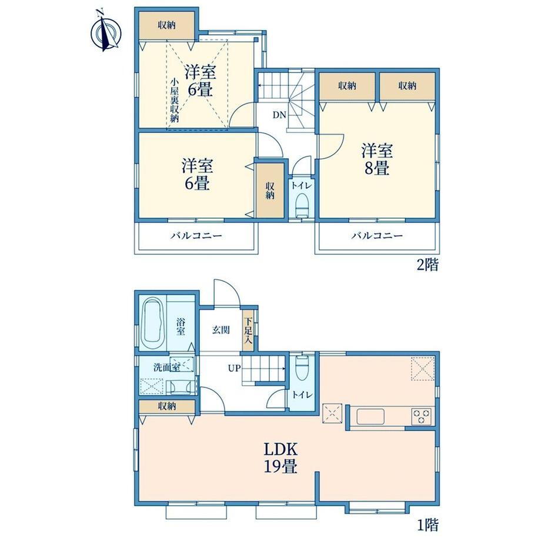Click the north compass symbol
[106, 32]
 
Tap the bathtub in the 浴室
[153, 325]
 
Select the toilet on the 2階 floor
[302, 205]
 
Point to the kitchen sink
[370, 416]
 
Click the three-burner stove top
[422, 416]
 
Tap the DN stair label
[279, 115]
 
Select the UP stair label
[234, 368]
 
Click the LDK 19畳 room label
[280, 458]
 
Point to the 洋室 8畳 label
[377, 159]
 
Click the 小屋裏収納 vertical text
[175, 101]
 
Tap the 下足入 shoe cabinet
[248, 330]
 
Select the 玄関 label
[221, 330]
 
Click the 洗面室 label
[166, 367]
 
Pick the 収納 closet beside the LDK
[167, 406]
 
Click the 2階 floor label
[428, 265]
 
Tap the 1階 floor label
[428, 525]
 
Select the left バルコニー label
[196, 236]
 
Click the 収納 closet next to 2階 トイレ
[270, 191]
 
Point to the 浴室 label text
[181, 327]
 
